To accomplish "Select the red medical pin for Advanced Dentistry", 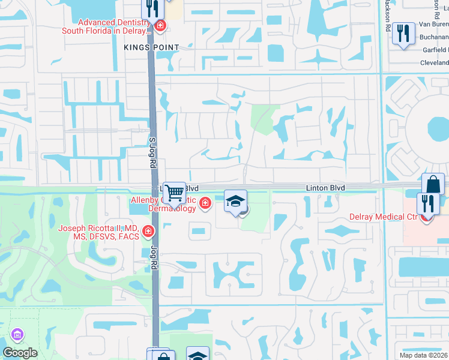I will click(x=160, y=25).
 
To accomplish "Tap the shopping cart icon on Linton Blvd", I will click(x=174, y=194).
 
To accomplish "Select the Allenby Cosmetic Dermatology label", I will click(x=164, y=204).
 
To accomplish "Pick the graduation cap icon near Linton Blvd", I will click(x=236, y=201).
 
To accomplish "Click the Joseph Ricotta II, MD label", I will click(x=98, y=232).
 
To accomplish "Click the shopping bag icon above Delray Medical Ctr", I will click(x=433, y=185).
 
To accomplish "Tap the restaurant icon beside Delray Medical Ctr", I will click(x=428, y=204).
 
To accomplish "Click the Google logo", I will click(x=20, y=353).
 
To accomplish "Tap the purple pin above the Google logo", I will click(x=17, y=334).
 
